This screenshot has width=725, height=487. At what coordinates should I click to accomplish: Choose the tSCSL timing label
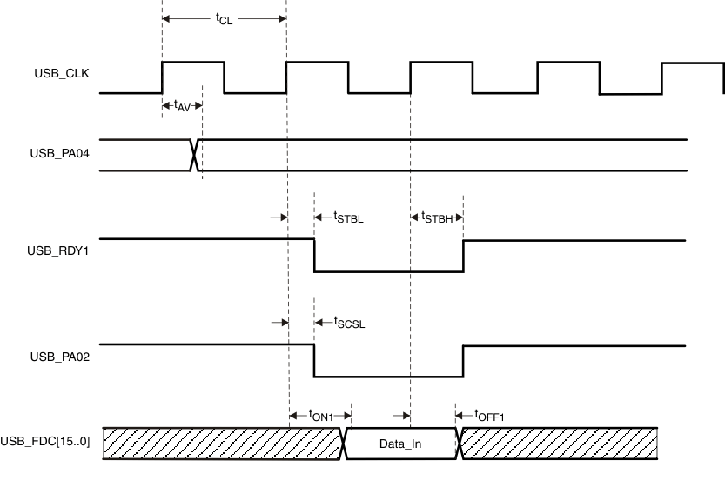(349, 323)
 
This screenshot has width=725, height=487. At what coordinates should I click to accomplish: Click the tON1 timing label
(320, 417)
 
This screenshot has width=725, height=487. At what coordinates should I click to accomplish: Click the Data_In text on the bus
(400, 444)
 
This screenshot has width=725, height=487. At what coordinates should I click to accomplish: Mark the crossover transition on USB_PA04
(195, 155)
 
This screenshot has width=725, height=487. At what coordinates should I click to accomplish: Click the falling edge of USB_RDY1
(314, 255)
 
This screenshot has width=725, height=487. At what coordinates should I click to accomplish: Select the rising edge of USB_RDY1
(463, 255)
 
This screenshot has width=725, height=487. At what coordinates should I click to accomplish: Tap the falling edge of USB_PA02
(314, 360)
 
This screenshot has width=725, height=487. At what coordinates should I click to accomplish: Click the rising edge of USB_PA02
(463, 360)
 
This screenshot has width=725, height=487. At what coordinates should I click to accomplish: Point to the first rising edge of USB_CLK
(162, 77)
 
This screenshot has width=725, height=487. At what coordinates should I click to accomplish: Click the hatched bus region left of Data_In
(222, 444)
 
